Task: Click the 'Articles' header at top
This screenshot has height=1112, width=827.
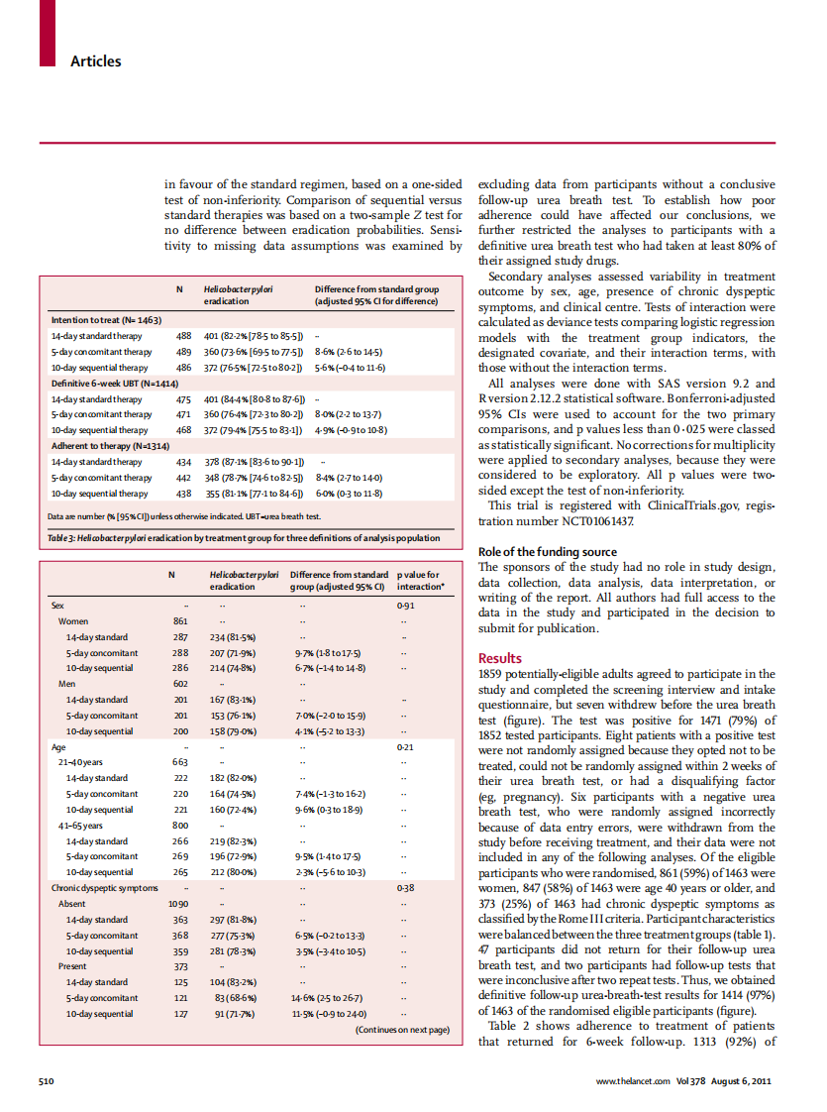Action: tap(95, 61)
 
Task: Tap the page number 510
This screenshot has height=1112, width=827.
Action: tap(46, 1079)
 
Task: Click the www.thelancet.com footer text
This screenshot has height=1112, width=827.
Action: tap(633, 1079)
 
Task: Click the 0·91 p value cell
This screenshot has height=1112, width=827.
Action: tap(404, 605)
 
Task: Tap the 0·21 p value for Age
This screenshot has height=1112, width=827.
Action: tap(404, 746)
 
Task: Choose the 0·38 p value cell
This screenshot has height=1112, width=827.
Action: tap(404, 888)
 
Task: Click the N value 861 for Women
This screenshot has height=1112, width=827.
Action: tap(180, 620)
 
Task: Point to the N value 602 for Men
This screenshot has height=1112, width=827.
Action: tap(180, 683)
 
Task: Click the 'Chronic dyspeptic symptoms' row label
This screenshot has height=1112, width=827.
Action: tap(104, 888)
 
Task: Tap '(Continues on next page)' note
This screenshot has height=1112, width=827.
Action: tap(402, 1030)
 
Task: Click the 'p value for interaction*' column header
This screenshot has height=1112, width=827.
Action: tap(418, 580)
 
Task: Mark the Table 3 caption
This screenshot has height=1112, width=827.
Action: tap(244, 538)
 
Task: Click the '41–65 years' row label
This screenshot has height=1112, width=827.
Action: tap(81, 825)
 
